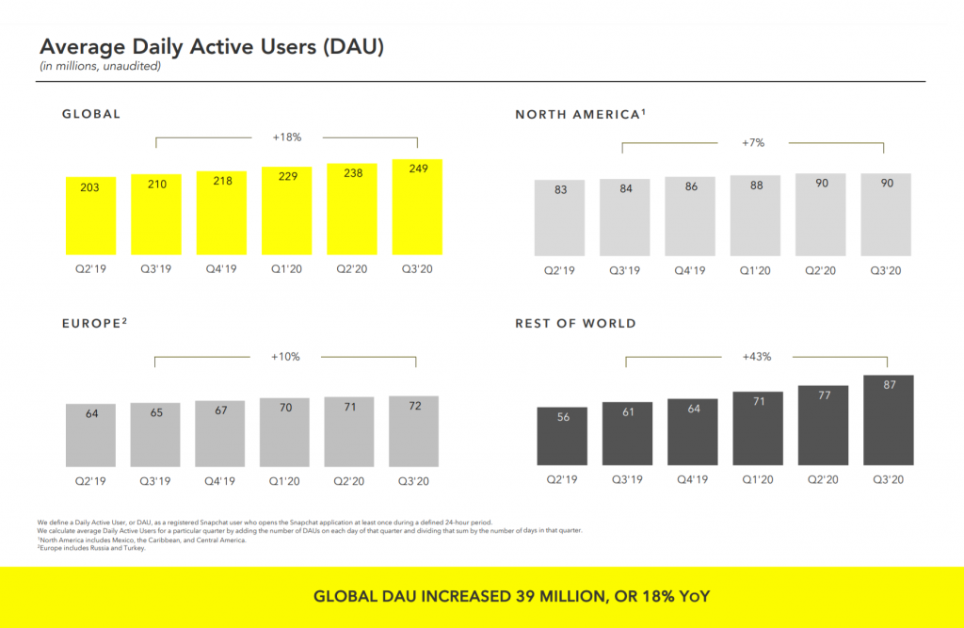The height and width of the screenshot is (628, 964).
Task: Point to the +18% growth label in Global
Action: point(286,137)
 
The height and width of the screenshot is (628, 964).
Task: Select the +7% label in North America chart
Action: point(752,143)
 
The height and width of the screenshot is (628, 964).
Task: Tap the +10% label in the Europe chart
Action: point(285,357)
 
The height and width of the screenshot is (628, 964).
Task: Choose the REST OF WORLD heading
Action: point(575,323)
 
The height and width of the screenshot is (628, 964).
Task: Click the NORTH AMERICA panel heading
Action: point(579,114)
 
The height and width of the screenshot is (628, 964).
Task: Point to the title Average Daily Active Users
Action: point(211,46)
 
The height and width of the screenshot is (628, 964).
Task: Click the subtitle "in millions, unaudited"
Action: point(100,66)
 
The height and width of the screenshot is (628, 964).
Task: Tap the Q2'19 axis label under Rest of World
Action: point(562,479)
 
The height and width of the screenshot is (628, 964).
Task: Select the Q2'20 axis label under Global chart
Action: point(352,269)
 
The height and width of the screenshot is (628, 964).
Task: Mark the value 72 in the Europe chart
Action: point(413,406)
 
